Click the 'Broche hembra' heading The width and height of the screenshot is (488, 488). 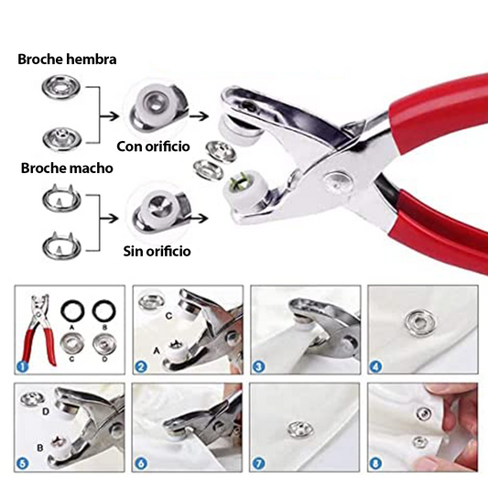click(67, 60)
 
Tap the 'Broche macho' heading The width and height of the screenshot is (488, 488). click(67, 168)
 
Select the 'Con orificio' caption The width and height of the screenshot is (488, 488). click(153, 146)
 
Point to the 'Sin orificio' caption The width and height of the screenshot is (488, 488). click(157, 251)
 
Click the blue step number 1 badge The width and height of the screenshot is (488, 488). click(22, 366)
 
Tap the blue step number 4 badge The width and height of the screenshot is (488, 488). click(375, 367)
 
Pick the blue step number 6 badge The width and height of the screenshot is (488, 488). click(141, 463)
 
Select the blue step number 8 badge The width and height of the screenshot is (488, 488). click(375, 463)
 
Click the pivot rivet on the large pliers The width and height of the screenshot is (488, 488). click(338, 181)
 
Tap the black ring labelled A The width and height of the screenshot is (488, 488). click(72, 310)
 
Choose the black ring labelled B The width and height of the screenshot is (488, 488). click(104, 310)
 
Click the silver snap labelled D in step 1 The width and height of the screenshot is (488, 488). click(104, 344)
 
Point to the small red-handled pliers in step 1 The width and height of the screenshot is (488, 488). click(40, 330)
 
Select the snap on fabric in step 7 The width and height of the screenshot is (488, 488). click(300, 428)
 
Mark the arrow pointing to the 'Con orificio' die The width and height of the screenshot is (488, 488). click(109, 116)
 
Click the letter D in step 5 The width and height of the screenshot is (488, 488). click(46, 412)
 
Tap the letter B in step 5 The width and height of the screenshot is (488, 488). click(40, 448)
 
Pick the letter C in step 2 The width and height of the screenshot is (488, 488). click(168, 316)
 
